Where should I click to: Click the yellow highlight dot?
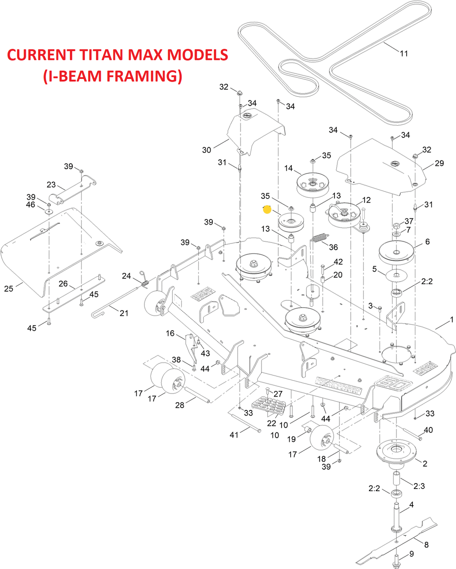pos(267,209)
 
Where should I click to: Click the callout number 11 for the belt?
pos(404,54)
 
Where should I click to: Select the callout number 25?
pos(9,289)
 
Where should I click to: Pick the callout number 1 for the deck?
pos(451,320)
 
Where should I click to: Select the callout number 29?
pos(439,163)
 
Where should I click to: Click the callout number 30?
pos(206,150)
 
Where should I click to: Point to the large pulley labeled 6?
pos(396,252)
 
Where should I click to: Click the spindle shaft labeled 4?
pos(397,516)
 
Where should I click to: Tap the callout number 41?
pos(234,435)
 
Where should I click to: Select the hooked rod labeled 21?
pos(106,308)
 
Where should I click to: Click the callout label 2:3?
pos(419,486)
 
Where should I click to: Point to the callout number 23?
pos(51,185)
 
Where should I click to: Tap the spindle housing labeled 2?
pos(396,452)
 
